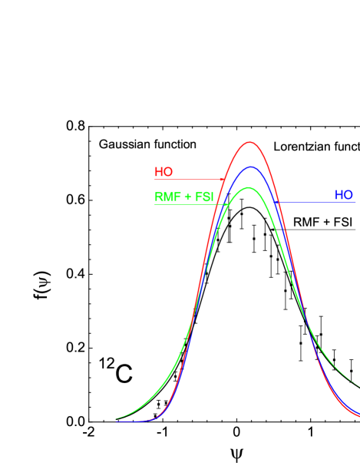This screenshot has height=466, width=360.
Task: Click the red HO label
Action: [x=163, y=172]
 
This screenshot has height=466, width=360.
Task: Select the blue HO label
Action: [x=343, y=195]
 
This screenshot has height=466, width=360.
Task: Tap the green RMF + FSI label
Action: [x=183, y=197]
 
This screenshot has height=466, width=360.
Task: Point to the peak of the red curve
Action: [x=249, y=142]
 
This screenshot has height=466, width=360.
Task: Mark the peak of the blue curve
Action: [x=249, y=167]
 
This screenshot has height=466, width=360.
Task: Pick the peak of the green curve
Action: [x=248, y=187]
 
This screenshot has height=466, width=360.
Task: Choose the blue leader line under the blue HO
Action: [x=315, y=203]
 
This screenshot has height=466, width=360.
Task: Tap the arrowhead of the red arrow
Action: [x=223, y=180]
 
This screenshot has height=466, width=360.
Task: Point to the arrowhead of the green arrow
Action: [x=227, y=204]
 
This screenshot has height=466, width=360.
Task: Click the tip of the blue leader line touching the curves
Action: [x=277, y=203]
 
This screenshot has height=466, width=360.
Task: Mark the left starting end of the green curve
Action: [x=117, y=419]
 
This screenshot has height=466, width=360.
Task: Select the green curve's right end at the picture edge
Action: [x=358, y=385]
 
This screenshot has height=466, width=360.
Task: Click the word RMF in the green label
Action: [x=166, y=197]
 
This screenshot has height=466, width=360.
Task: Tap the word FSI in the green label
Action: [x=204, y=197]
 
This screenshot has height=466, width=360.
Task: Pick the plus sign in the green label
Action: [x=187, y=197]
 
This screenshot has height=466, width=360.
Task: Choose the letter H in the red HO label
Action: [x=159, y=172]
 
